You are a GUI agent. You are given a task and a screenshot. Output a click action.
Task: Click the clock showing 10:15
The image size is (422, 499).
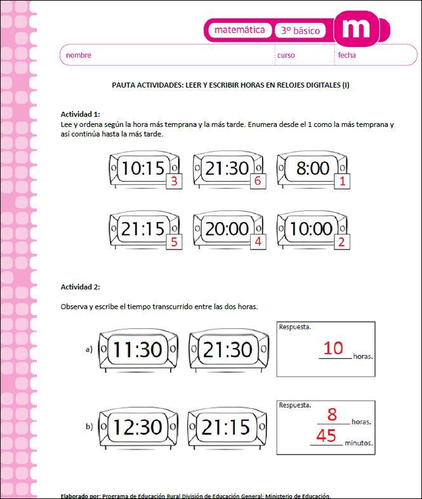143,168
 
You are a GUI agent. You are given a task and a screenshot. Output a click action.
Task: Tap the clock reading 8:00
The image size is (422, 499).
312,168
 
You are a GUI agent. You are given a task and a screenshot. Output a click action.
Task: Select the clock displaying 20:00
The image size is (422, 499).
227,229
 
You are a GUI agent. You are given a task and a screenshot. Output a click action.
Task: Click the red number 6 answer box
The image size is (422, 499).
257,182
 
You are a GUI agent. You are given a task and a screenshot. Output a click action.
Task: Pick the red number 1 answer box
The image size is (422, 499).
342,182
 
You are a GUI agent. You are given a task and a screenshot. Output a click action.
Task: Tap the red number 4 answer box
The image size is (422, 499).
257,242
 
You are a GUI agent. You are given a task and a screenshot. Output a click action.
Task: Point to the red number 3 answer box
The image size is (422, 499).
173,182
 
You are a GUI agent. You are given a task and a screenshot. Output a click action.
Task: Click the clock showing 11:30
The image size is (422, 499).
138,349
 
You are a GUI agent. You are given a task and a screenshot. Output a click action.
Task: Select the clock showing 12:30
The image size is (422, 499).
138,427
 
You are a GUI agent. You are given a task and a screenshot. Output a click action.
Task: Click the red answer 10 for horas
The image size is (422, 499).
333,348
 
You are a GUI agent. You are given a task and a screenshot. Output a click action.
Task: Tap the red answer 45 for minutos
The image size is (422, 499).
326,436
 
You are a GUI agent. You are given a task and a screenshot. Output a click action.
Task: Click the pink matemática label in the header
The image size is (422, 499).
239,30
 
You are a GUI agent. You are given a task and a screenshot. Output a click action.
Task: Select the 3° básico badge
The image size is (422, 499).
301,30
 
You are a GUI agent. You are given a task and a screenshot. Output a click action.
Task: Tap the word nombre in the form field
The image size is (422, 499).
79,55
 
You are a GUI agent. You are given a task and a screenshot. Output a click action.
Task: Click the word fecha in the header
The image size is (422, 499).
346,55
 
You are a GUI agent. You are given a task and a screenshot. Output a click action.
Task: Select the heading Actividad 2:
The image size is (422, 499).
80,287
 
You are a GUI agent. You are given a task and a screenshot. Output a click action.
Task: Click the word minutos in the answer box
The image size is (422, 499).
359,443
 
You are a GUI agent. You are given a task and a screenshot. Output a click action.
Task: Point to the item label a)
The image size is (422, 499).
89,349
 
